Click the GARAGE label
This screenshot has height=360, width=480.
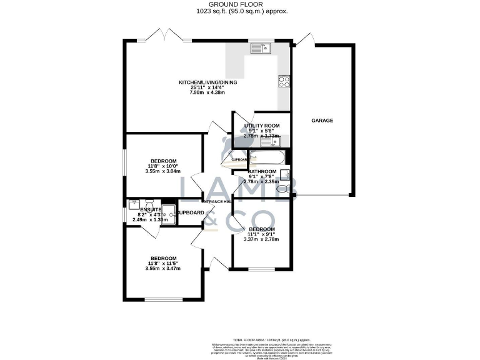322,120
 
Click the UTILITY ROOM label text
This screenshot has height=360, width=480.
262,125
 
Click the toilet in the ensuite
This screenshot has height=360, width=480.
148,204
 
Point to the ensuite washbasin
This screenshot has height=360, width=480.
134,204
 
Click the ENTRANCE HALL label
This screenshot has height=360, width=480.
216,202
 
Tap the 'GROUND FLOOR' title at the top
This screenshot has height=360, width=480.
239,4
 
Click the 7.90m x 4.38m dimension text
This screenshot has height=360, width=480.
208,92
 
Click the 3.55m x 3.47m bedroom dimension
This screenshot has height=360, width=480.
162,269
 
